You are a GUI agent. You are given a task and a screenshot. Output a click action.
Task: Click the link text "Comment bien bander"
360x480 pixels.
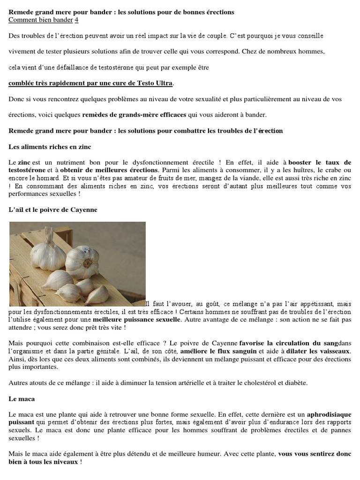[41, 20]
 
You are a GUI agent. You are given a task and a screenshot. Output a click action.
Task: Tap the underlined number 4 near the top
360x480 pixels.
[77, 20]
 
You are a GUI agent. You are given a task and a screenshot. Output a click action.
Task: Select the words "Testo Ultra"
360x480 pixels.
[154, 83]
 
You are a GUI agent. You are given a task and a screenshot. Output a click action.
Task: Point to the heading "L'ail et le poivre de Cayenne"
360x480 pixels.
[53, 210]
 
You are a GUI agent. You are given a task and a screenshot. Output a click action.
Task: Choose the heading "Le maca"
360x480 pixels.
[22, 399]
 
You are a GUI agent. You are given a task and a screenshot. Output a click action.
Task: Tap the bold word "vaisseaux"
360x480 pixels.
[333, 351]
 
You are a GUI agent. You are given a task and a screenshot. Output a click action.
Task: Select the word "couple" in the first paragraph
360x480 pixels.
[211, 36]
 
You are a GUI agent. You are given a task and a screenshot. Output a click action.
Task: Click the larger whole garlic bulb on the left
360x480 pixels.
[46, 254]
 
